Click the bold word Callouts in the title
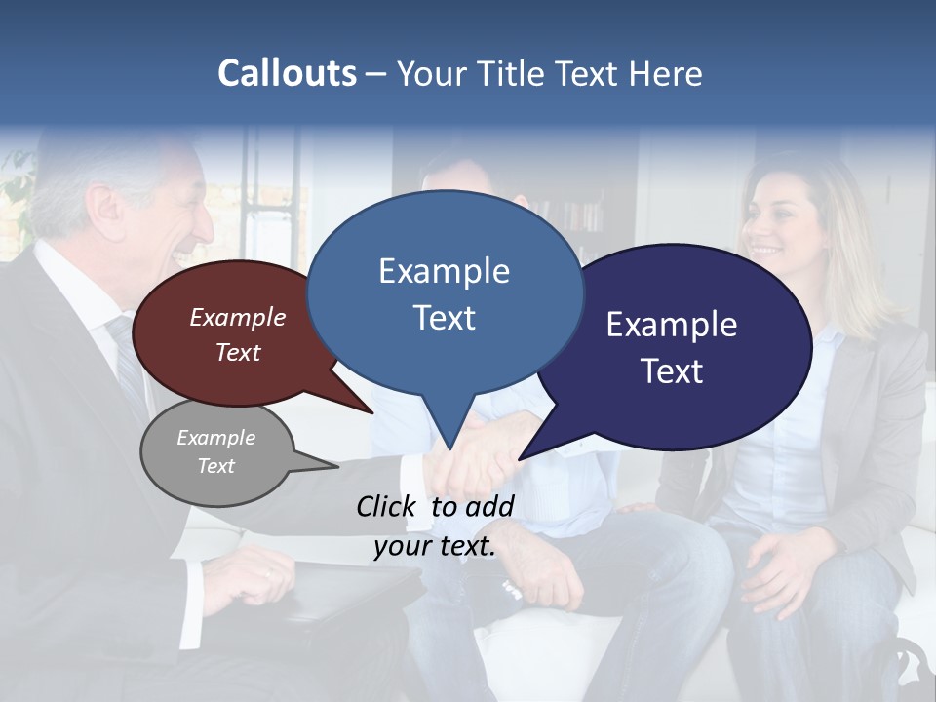point(287,73)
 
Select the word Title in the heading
point(514,73)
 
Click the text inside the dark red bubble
point(238,334)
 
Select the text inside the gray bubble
point(215,451)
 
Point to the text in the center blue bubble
point(444,293)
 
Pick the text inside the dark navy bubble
point(672,347)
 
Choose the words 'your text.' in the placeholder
point(435,547)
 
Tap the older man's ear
point(110,207)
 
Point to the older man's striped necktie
point(128,360)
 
